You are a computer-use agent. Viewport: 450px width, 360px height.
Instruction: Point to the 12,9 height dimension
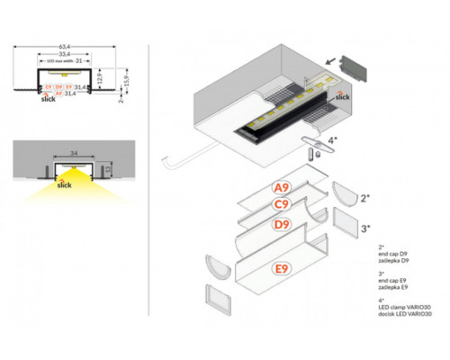pos(103,78)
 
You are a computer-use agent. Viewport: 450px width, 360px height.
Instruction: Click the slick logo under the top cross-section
pos(47,101)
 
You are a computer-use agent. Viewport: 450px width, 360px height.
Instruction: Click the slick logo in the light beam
pos(64,186)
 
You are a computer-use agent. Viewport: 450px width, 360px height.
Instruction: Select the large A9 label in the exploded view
pos(282,188)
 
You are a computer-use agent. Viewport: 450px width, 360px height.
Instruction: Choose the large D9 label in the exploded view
pos(282,223)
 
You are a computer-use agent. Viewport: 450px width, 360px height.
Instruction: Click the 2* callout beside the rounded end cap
pos(364,195)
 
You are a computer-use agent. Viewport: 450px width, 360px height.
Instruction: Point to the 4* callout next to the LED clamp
pos(333,140)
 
